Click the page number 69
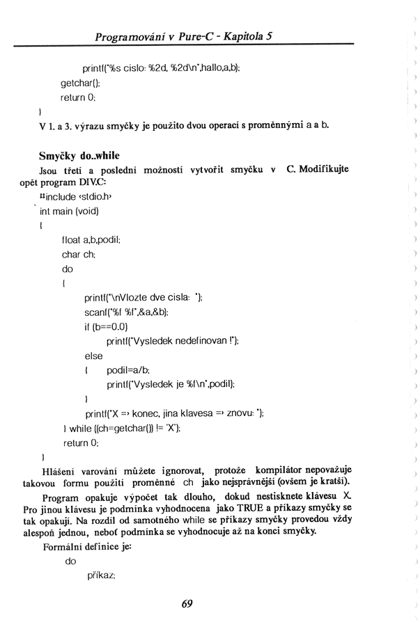tap(187, 603)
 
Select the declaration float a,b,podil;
tap(91, 239)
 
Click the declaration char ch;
tap(77, 254)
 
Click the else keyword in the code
tap(93, 356)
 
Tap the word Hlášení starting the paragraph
tap(59, 471)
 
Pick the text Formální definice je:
tap(87, 547)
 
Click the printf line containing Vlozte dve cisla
tap(142, 297)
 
